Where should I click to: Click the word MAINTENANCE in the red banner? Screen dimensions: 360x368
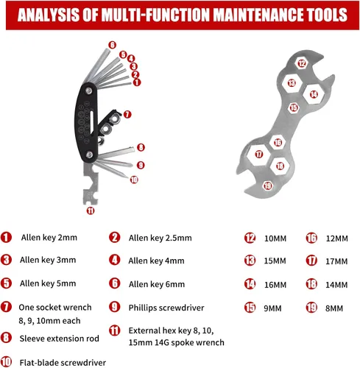(255, 15)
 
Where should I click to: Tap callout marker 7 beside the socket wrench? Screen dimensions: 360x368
(127, 114)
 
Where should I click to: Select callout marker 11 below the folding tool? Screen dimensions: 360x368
(91, 210)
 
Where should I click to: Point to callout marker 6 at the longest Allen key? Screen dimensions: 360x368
(112, 45)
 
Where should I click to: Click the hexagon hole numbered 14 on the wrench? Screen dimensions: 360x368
(314, 94)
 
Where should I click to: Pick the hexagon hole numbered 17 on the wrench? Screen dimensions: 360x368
(259, 155)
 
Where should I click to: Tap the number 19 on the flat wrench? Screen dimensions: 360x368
(267, 185)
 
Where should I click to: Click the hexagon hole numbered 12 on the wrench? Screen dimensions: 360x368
(302, 63)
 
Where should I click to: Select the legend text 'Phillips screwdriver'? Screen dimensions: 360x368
(166, 308)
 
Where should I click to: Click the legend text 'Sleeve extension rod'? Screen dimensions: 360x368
(59, 339)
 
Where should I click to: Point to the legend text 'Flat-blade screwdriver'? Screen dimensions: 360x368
(63, 363)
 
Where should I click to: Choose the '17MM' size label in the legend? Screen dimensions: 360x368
(336, 261)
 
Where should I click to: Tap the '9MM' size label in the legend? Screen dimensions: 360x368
(272, 308)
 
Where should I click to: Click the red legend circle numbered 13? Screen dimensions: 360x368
(250, 261)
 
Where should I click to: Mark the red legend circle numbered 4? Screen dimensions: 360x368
(115, 260)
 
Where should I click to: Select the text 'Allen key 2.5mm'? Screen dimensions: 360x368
(160, 238)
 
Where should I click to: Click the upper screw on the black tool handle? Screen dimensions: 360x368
(88, 91)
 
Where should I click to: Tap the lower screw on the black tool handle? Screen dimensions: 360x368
(90, 155)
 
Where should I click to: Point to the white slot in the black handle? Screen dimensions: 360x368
(92, 123)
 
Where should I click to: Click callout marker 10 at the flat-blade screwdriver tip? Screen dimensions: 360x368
(134, 180)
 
